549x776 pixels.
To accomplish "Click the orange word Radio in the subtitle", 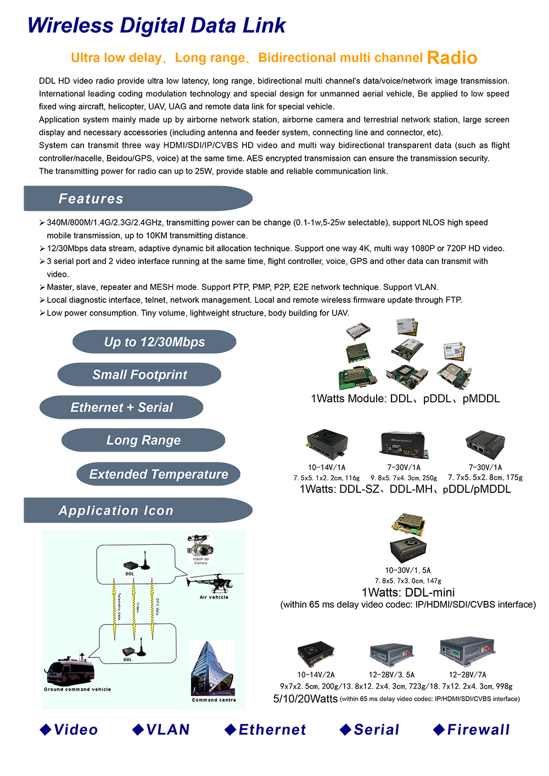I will tap(452, 58).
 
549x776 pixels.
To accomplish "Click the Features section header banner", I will tap(137, 199).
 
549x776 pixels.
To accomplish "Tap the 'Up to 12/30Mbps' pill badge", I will tap(154, 342).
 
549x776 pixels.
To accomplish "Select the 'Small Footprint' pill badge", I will tap(139, 375).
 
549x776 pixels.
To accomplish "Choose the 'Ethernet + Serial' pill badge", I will tap(121, 408).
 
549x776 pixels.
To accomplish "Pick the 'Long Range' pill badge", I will tap(143, 441).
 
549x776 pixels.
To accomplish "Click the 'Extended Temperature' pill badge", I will tap(158, 474).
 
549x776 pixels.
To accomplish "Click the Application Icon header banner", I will tap(137, 510).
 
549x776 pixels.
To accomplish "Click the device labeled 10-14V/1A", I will tap(327, 445).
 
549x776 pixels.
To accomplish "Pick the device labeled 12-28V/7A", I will tap(467, 652).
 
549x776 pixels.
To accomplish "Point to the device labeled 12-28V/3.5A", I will tap(391, 654).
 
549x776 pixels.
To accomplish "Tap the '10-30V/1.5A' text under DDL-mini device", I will tap(407, 570).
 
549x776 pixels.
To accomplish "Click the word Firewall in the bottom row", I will tap(478, 730).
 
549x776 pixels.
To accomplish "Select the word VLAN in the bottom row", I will tap(167, 730).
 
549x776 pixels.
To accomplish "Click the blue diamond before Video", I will tap(46, 729).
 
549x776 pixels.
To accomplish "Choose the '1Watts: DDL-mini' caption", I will tap(408, 593).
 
